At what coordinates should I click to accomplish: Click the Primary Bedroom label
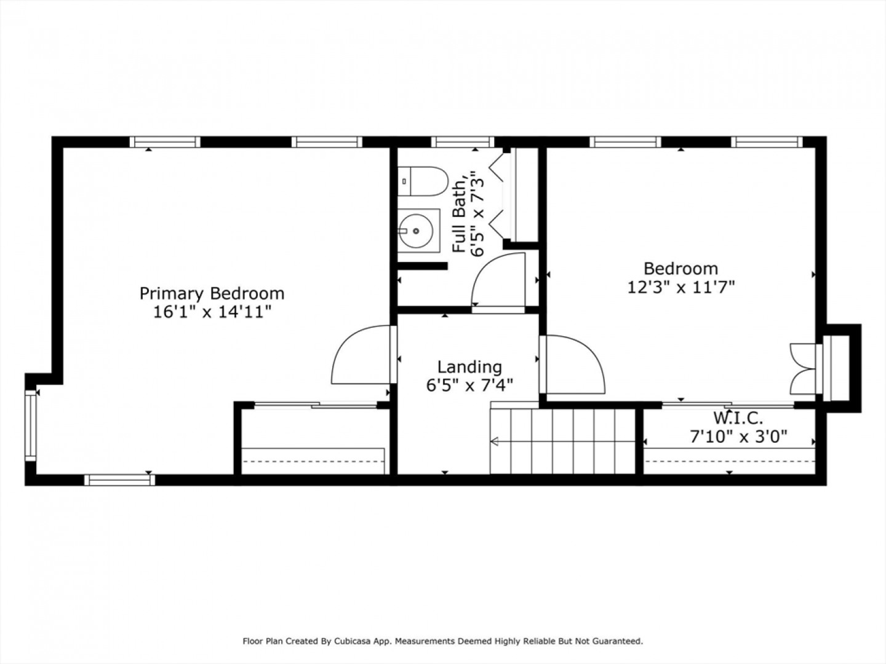click(212, 294)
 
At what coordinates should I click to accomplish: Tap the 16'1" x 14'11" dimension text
click(212, 312)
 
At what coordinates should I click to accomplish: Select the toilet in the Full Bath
click(423, 181)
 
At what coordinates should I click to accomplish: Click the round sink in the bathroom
click(416, 231)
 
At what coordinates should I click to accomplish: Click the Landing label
click(469, 367)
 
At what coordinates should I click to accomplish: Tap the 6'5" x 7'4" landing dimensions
click(469, 385)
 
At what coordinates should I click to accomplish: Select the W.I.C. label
click(738, 418)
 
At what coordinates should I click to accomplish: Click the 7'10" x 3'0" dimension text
click(738, 437)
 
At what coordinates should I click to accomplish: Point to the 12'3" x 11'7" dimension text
click(681, 288)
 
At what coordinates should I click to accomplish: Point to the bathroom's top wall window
click(463, 142)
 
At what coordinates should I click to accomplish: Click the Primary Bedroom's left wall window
click(31, 425)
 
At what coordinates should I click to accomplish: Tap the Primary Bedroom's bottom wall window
click(119, 480)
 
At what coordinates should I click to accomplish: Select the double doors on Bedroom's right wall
click(804, 369)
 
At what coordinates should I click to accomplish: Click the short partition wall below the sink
click(423, 266)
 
